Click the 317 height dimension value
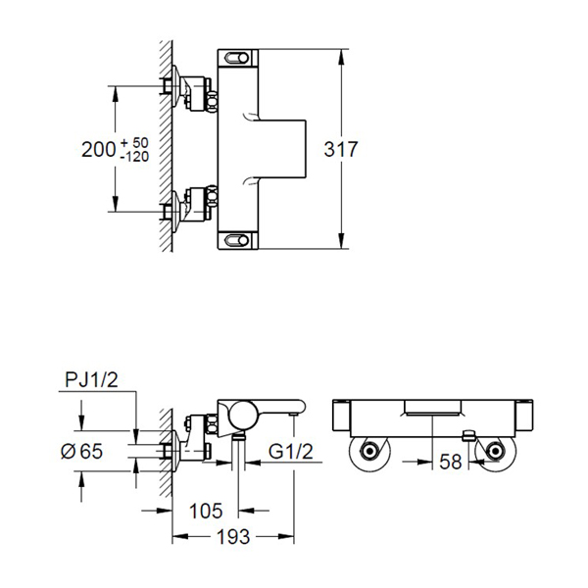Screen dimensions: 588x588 [x=340, y=149]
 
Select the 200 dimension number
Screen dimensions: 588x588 [x=99, y=149]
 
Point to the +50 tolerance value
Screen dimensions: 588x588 [x=134, y=142]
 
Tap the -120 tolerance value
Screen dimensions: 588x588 [x=134, y=157]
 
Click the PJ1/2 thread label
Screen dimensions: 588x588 [x=91, y=380]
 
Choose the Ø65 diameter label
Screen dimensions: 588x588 [x=81, y=451]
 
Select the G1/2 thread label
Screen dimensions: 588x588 [x=291, y=451]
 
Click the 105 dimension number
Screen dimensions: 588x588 [x=206, y=511]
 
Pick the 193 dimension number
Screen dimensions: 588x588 [x=233, y=537]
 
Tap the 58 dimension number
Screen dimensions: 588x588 [x=451, y=462]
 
